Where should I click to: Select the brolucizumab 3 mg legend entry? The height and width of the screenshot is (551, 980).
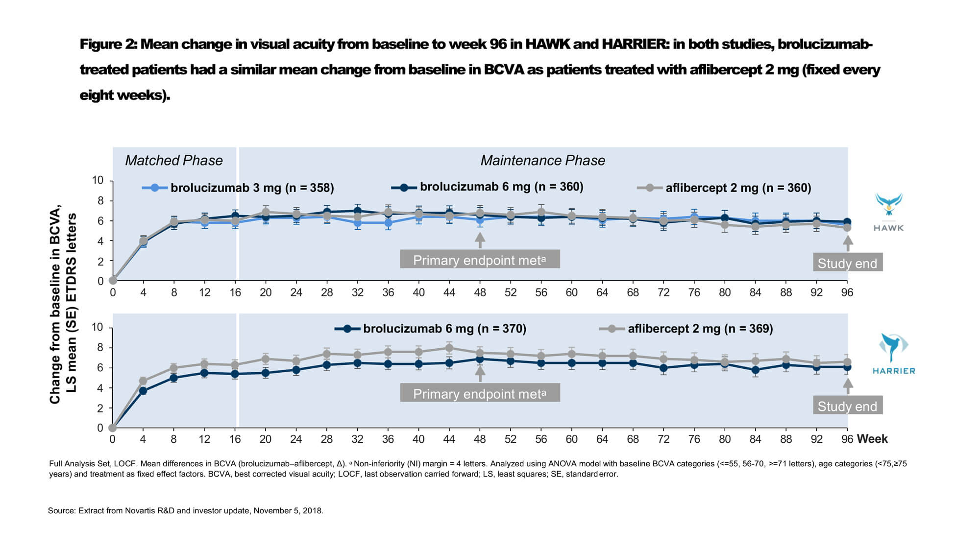tap(238, 188)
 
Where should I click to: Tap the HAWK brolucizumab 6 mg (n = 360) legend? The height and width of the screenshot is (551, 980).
tap(487, 187)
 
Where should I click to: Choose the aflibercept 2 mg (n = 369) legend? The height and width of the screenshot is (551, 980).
tap(686, 329)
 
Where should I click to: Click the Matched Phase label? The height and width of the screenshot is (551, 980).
tap(174, 160)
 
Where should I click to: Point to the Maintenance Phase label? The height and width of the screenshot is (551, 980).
tap(542, 160)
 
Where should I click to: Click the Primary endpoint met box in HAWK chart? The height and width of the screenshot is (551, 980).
tap(480, 260)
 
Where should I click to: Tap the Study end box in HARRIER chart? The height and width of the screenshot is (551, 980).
tap(847, 406)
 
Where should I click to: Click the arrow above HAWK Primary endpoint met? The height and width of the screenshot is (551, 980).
tap(480, 240)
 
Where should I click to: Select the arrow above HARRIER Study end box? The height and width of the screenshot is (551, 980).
tap(848, 386)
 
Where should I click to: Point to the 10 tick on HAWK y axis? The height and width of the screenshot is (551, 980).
tap(98, 180)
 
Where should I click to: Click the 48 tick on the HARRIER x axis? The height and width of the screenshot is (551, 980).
tap(480, 439)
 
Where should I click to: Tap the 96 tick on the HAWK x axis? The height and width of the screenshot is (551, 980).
tap(847, 292)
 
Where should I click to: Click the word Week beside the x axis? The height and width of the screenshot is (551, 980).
tap(872, 439)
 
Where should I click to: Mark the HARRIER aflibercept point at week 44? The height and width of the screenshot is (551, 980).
tap(449, 348)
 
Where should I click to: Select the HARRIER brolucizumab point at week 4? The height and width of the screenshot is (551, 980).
tap(143, 391)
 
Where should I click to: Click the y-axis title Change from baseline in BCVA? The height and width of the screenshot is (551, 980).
tap(55, 304)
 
